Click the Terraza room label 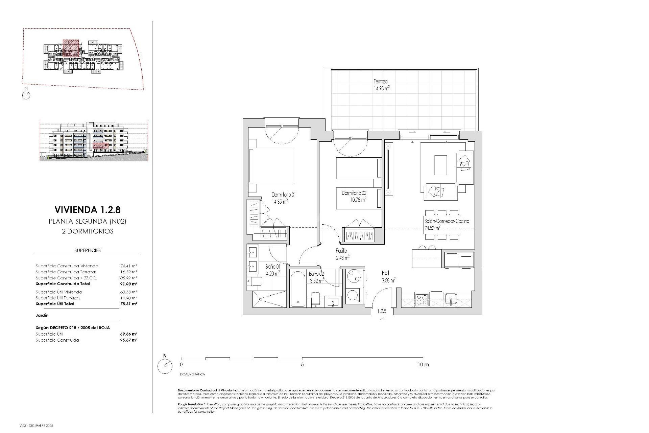[381, 82]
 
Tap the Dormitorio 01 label [284, 195]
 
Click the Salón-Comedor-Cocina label [447, 221]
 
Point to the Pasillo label [341, 251]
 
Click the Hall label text [385, 273]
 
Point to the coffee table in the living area [440, 165]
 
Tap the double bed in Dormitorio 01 [271, 166]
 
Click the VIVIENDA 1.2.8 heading [88, 210]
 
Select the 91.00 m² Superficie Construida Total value [129, 284]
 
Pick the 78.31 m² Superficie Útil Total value [129, 304]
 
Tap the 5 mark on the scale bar [302, 365]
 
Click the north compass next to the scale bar [165, 366]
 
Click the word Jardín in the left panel [42, 315]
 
